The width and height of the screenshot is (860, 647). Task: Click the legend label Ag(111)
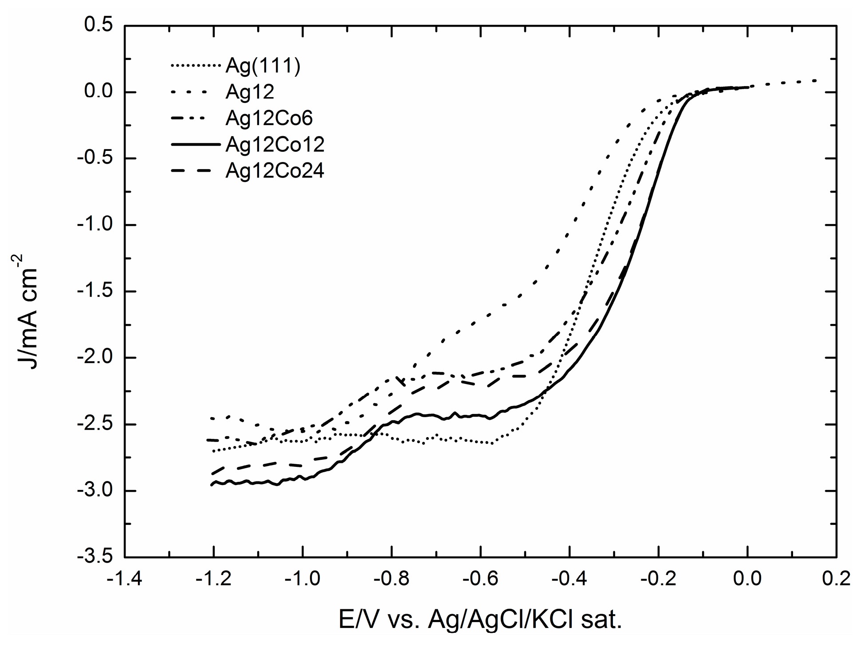point(263,66)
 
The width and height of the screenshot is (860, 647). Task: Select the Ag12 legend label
point(250,92)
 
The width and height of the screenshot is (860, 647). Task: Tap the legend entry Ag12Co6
point(269,118)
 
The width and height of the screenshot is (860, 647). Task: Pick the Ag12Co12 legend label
point(275,144)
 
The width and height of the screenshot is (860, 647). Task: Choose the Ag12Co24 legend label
point(275,171)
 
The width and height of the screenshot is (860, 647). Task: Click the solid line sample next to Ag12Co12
point(195,144)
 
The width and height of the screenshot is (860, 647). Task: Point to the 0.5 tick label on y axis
point(98,25)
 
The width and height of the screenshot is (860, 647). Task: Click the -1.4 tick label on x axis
point(125,579)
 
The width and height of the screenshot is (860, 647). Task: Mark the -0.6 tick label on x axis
point(480,579)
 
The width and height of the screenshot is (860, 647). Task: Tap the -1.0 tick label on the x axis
point(302,579)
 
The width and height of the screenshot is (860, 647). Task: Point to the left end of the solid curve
point(212,485)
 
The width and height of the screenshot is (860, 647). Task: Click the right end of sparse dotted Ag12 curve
point(815,80)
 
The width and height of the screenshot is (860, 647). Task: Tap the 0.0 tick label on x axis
point(747,579)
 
